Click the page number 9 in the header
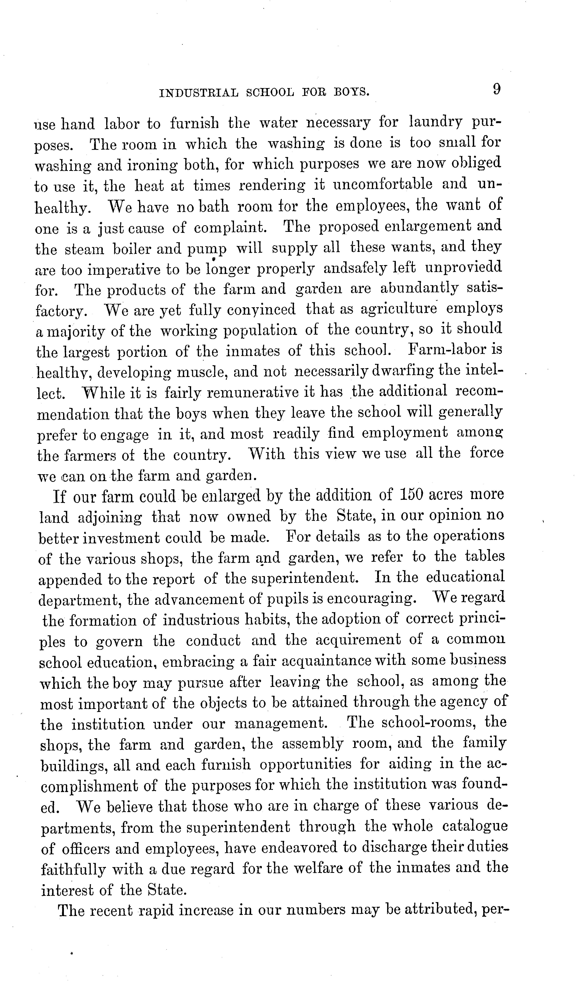496,89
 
